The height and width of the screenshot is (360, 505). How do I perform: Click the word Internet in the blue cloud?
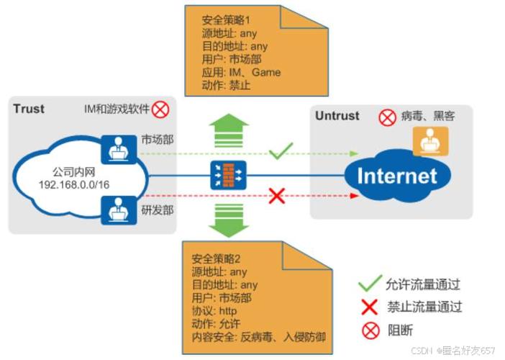coord(396,176)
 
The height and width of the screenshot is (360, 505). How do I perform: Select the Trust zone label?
coord(29,109)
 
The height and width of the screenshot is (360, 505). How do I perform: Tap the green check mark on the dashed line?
coord(280,152)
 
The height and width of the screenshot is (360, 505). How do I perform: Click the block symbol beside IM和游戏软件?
coord(160,109)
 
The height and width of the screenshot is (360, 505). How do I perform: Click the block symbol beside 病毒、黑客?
coord(387,115)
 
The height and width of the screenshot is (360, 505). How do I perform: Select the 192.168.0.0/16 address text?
coord(73,186)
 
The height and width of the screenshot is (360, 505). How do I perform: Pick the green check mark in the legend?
coord(370,284)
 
